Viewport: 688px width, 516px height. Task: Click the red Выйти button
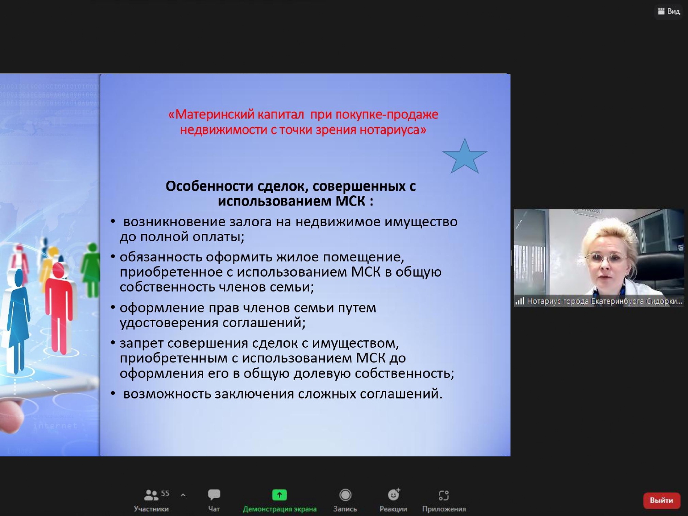pyautogui.click(x=661, y=500)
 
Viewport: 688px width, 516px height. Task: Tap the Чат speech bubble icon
pyautogui.click(x=214, y=494)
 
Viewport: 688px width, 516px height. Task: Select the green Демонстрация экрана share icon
pyautogui.click(x=279, y=495)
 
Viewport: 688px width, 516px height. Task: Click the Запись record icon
pyautogui.click(x=345, y=495)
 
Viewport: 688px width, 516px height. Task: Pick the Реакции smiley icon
pyautogui.click(x=394, y=494)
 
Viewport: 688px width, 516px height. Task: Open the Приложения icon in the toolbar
pyautogui.click(x=444, y=495)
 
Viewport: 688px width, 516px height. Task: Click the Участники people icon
pyautogui.click(x=150, y=495)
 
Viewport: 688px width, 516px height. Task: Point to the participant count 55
pyautogui.click(x=165, y=494)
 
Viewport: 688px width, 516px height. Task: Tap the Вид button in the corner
pyautogui.click(x=669, y=11)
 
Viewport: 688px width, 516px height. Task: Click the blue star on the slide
pyautogui.click(x=465, y=157)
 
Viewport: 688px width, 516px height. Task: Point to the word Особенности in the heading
pyautogui.click(x=210, y=186)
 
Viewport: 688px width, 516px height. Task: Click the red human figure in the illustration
pyautogui.click(x=59, y=303)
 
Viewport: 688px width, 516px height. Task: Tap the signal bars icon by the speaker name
pyautogui.click(x=520, y=301)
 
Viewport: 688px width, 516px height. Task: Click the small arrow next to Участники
pyautogui.click(x=183, y=495)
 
